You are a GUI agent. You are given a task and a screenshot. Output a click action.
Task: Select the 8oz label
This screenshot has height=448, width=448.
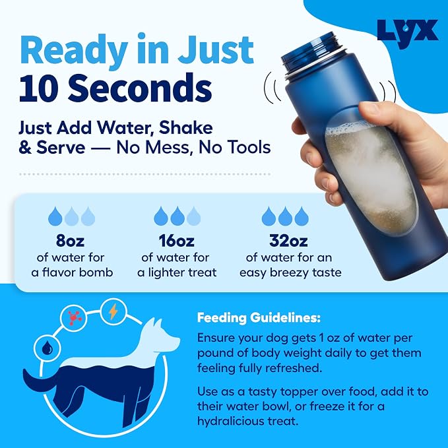(71, 241)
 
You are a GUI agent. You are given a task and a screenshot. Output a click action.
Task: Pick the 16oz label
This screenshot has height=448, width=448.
(177, 241)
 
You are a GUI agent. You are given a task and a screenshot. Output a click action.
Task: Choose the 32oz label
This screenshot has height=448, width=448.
(288, 241)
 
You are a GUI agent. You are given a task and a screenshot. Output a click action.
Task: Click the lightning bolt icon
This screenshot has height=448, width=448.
(113, 311)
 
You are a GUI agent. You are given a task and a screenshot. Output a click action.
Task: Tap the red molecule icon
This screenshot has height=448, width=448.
(75, 317)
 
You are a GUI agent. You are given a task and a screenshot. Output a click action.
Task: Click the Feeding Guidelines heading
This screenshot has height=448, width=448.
(259, 318)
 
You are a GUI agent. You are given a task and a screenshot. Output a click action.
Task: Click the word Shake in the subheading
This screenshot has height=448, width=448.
(185, 128)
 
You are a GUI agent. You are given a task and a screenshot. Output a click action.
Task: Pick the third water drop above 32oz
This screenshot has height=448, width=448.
(302, 216)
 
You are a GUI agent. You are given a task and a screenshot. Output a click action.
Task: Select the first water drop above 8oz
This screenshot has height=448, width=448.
(55, 216)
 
